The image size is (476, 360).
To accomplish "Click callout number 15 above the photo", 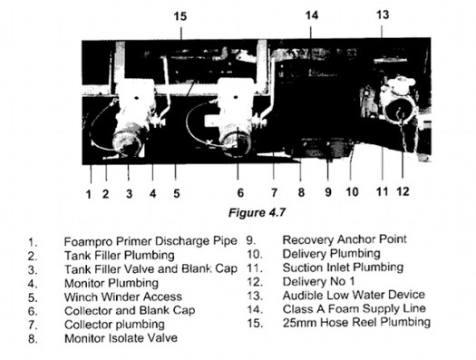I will pos(180,15).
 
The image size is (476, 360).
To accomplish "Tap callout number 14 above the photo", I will pos(311,15).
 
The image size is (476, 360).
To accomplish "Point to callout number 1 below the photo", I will pos(89,193).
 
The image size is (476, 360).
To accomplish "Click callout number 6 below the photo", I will pos(239,193).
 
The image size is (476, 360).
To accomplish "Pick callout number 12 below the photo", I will pos(403,193).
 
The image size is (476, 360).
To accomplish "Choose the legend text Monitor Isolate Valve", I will pos(121,337).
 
